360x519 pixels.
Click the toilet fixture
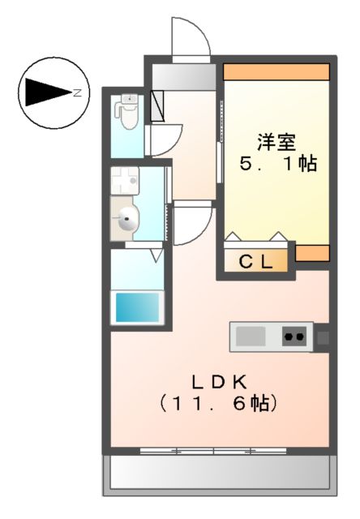(x=127, y=112)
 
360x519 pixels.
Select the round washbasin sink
(x=127, y=217)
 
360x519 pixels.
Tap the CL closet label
(x=256, y=262)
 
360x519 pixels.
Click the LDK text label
(x=217, y=380)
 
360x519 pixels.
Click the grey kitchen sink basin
(x=251, y=336)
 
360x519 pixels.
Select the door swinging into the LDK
(x=193, y=225)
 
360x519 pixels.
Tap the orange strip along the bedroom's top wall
(x=276, y=71)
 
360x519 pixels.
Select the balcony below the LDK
(x=217, y=472)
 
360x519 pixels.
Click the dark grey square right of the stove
(x=322, y=336)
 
